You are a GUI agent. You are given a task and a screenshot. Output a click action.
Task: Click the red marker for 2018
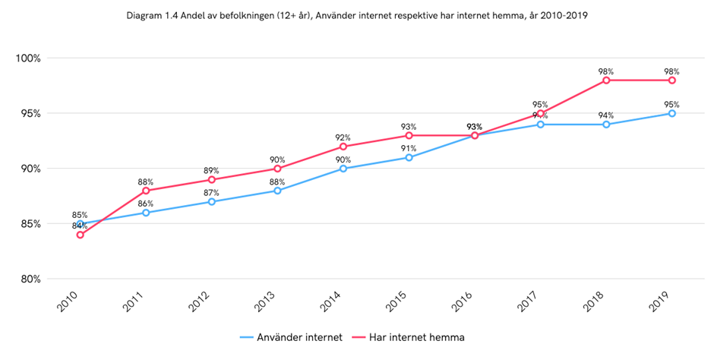(x=606, y=81)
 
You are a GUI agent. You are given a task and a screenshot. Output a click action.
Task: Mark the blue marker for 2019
(x=672, y=113)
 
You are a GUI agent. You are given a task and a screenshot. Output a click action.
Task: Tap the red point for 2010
(x=80, y=235)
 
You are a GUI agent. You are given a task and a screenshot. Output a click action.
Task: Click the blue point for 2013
(x=277, y=191)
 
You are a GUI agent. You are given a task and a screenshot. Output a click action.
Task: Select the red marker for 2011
(x=146, y=191)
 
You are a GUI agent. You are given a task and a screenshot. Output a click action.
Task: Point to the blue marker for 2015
(x=409, y=158)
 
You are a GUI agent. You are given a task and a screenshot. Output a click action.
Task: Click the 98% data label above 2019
(x=671, y=71)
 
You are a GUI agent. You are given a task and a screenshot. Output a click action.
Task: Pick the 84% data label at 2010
(x=80, y=226)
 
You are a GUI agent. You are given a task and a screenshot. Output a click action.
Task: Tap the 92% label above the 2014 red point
(x=343, y=137)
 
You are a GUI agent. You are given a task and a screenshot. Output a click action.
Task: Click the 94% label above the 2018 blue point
(x=605, y=115)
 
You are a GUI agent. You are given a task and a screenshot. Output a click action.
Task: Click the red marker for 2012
(x=211, y=180)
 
